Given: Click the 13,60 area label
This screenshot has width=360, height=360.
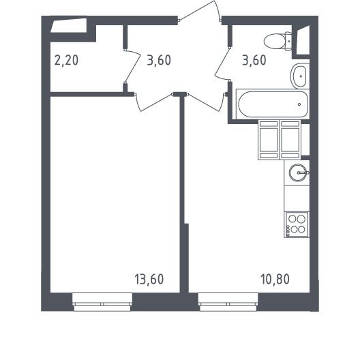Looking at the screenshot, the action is (149, 279).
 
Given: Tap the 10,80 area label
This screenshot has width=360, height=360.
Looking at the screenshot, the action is (275, 279).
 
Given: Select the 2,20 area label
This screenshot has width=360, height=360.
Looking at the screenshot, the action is (66, 61).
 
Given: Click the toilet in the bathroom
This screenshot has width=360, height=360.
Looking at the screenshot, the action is (277, 41).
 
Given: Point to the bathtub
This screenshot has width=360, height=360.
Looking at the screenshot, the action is (273, 104).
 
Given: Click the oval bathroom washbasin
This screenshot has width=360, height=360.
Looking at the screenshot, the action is (299, 76).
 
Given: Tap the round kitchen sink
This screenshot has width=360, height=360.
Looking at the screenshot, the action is (297, 172).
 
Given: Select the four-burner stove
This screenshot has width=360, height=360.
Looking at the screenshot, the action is (297, 224).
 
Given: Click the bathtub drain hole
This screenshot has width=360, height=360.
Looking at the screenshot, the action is (299, 104).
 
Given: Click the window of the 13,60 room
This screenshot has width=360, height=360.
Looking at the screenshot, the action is (102, 302).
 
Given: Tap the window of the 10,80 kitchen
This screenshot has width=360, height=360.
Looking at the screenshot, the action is (228, 302).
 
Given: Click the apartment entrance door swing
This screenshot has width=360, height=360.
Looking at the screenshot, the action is (199, 11).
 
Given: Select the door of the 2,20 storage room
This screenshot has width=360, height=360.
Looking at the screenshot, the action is (132, 67).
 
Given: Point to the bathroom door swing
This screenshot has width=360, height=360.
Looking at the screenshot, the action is (223, 64).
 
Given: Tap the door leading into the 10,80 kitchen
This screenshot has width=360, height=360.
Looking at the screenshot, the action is (206, 102).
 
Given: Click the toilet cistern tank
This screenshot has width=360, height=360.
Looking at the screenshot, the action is (288, 41).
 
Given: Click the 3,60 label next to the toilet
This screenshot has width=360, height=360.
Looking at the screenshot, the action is (254, 61).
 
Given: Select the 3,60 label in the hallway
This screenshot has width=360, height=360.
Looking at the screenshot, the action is (159, 61).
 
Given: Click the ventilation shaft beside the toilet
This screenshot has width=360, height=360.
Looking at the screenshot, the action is (303, 40).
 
